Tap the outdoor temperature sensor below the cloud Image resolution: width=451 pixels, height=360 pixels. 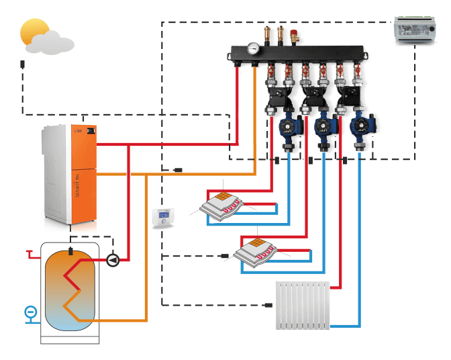point(23,64)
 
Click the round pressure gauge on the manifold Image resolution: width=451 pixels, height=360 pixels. point(253,48)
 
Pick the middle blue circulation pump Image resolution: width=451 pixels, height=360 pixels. point(325,126)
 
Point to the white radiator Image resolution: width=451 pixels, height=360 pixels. point(303,306)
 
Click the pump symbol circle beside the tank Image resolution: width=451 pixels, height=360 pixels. point(113,259)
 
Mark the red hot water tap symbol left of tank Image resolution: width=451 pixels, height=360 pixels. point(30,254)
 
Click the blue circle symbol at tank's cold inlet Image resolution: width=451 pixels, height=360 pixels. point(30,312)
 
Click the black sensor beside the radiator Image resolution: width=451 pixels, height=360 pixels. point(268,306)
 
